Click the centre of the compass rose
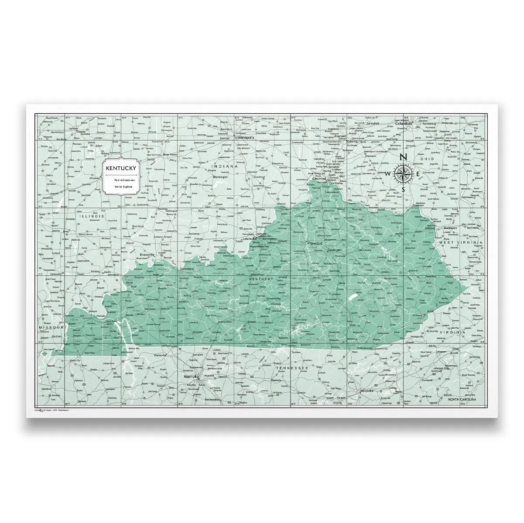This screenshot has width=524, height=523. click(x=404, y=173)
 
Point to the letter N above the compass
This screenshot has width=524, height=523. click(x=404, y=157)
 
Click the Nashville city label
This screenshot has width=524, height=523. click(x=191, y=376)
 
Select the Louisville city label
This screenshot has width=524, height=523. click(x=249, y=239)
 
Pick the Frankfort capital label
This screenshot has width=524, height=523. click(x=314, y=243)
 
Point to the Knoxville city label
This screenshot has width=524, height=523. click(x=367, y=391)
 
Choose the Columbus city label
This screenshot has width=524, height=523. click(x=404, y=124)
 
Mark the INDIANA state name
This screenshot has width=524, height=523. click(x=224, y=166)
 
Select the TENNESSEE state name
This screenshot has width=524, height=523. click(x=292, y=368)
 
